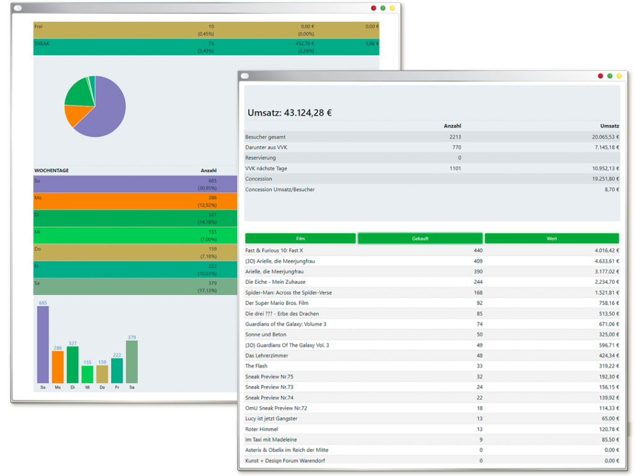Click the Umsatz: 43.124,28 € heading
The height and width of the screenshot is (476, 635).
coord(290,113)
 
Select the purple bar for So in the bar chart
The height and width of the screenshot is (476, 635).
coord(43,345)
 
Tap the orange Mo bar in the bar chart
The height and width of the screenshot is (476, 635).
coord(58,367)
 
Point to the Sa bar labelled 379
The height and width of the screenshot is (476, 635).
coord(131,362)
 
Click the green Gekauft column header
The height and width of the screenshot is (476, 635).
coord(420,239)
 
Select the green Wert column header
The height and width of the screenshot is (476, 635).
coord(551,239)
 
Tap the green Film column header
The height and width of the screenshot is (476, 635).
coord(301,239)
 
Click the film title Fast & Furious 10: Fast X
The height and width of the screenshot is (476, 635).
coord(273,250)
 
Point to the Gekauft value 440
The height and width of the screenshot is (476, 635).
coord(478,250)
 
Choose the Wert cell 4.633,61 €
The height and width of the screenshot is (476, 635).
coord(606,261)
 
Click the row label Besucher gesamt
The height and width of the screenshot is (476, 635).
coord(265,137)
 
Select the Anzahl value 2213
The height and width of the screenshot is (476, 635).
coord(455,137)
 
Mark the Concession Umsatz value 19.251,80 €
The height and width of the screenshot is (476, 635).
coord(605,179)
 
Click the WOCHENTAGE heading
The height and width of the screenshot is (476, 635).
coord(51,170)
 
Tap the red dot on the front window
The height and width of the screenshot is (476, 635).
coord(600,76)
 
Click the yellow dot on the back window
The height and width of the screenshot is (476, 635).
coord(392,8)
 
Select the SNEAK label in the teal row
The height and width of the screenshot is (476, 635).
coord(42,44)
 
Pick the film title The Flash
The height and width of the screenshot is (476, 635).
coord(256,366)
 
